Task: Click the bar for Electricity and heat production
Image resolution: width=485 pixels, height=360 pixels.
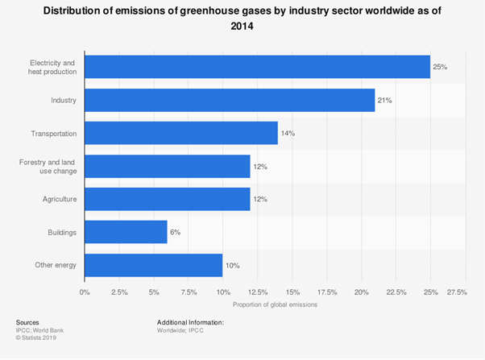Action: (257, 67)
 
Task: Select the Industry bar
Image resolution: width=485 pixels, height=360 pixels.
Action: (230, 100)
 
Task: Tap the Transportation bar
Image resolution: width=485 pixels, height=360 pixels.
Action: (181, 133)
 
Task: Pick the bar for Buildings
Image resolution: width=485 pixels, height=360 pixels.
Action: (126, 232)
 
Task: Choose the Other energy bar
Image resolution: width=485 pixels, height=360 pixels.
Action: (153, 265)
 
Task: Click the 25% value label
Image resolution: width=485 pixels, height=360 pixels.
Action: (440, 67)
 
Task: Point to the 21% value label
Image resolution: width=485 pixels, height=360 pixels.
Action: (384, 100)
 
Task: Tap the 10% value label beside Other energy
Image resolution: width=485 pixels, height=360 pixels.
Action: (233, 265)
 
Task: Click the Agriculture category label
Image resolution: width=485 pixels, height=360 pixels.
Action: (60, 199)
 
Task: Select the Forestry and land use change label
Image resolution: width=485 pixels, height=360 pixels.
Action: (48, 166)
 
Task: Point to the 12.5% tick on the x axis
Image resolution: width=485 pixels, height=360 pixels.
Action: (258, 292)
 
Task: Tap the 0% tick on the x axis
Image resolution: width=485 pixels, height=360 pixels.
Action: (85, 292)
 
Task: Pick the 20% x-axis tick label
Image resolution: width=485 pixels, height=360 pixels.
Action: (362, 292)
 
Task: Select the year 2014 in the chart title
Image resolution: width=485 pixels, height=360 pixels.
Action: (242, 25)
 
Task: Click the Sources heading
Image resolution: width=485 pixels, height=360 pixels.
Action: (27, 322)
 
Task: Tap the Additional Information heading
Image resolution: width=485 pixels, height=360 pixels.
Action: (190, 322)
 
